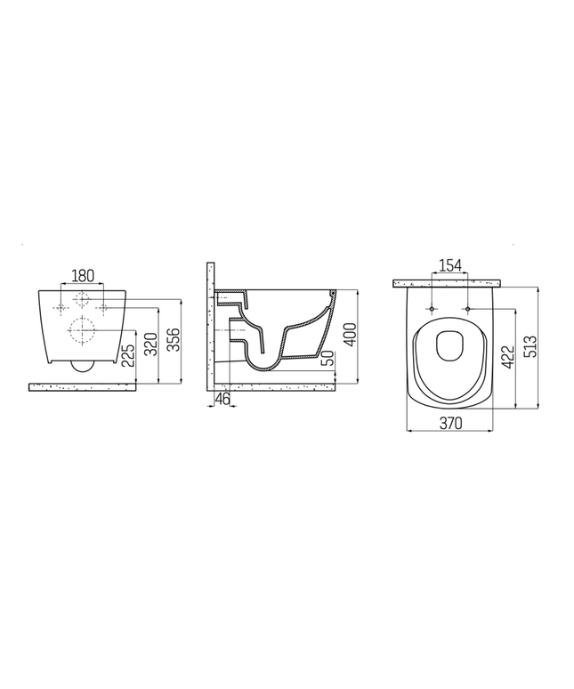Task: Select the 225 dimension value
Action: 129,357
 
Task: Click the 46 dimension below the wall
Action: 222,401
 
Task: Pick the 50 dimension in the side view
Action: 327,358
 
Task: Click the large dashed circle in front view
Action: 82,331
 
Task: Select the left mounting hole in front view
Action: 61,308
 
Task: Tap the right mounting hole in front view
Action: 103,308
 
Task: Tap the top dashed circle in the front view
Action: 82,298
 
